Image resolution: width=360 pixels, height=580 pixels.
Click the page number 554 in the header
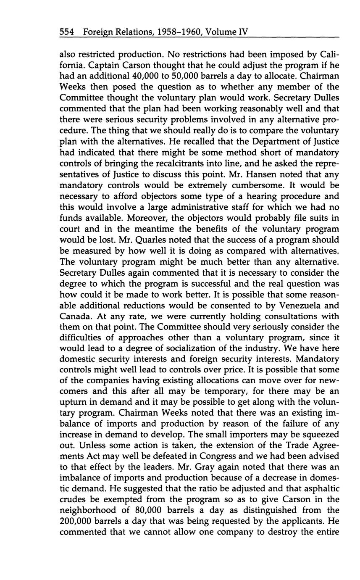coord(67,32)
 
